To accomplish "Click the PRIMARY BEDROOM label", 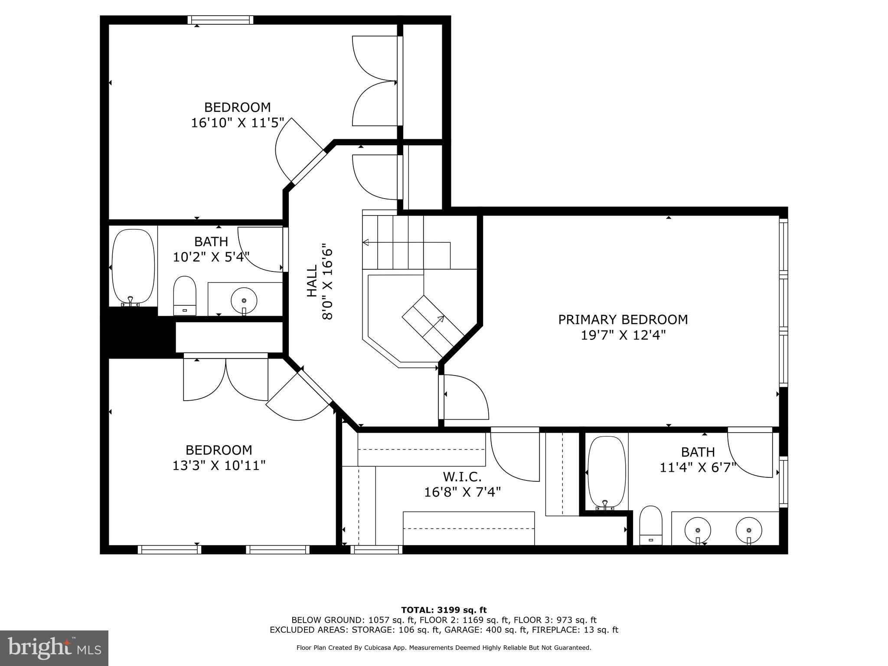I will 623,320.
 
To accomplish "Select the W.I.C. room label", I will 462,477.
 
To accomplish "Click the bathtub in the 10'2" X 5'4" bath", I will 133,266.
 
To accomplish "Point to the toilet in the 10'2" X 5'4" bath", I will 185,295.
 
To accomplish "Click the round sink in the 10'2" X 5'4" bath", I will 244,300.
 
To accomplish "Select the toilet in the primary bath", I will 651,525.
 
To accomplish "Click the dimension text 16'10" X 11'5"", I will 238,123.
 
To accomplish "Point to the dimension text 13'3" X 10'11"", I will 219,466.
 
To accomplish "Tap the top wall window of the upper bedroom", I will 221,20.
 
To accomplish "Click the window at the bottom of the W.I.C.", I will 376,550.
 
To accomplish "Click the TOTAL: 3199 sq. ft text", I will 444,610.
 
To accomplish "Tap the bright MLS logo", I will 54,648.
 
